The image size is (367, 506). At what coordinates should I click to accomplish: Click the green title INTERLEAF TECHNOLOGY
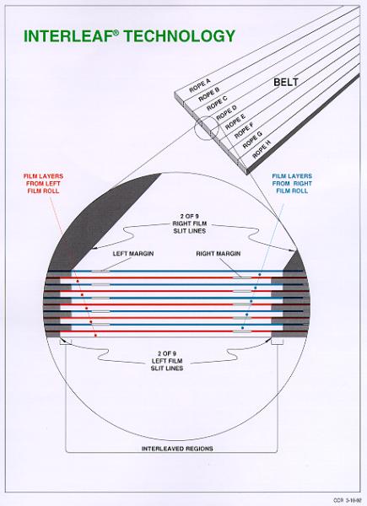point(129,35)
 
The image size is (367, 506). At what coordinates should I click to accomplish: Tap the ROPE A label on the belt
point(200,85)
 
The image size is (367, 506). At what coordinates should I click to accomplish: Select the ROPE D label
point(227,112)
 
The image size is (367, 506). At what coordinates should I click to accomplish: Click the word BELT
point(286,83)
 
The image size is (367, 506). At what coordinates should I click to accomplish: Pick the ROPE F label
point(244,130)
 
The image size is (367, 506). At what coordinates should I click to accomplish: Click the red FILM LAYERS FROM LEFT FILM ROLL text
point(43,183)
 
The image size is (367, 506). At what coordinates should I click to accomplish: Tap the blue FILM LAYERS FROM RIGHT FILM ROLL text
point(292,183)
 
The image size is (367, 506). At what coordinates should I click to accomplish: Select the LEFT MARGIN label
point(133,254)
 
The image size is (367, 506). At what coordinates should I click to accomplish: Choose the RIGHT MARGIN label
point(219,254)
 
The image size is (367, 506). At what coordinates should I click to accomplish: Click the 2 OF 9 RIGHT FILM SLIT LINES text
point(190,223)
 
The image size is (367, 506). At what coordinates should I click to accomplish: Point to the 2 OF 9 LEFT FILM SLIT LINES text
point(167,361)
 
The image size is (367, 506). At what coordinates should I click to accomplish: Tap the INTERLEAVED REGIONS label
point(177,449)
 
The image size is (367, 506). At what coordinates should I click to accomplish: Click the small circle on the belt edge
point(207,128)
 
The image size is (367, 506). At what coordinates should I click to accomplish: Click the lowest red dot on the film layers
point(95,336)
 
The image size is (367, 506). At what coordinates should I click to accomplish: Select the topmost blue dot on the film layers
point(259,274)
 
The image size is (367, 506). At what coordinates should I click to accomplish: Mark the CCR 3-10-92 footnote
point(347,500)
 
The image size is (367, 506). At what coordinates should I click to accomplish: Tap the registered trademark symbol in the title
point(116,32)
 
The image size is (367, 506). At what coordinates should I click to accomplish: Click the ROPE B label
point(209,94)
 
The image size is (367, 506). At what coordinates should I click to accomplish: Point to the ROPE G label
point(252,140)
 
